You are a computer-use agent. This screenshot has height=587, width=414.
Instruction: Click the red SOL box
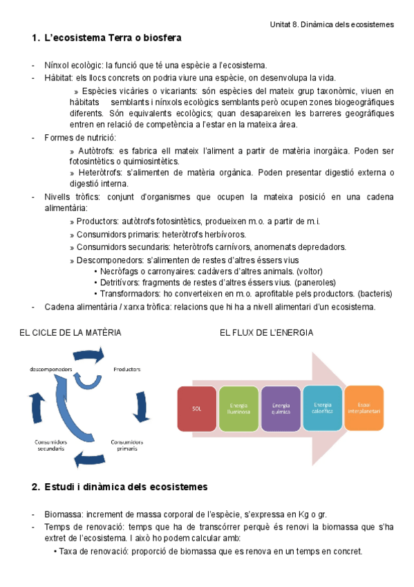tap(198, 408)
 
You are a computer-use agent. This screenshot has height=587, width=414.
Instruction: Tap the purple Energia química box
tap(281, 408)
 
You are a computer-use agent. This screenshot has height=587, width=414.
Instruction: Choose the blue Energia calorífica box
tap(323, 408)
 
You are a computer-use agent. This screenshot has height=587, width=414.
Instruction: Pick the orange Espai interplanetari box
tap(364, 408)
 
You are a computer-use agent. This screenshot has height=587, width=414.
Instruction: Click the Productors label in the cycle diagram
tap(126, 369)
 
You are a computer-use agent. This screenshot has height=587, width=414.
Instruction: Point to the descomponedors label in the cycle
tap(51, 369)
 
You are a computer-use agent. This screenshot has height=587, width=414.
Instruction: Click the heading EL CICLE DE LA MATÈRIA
tap(70, 333)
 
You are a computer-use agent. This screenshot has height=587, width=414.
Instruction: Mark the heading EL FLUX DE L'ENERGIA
tap(266, 333)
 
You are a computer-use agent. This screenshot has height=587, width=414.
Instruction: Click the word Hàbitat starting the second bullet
tap(59, 78)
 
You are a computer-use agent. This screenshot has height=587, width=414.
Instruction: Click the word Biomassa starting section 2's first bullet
tap(63, 514)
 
